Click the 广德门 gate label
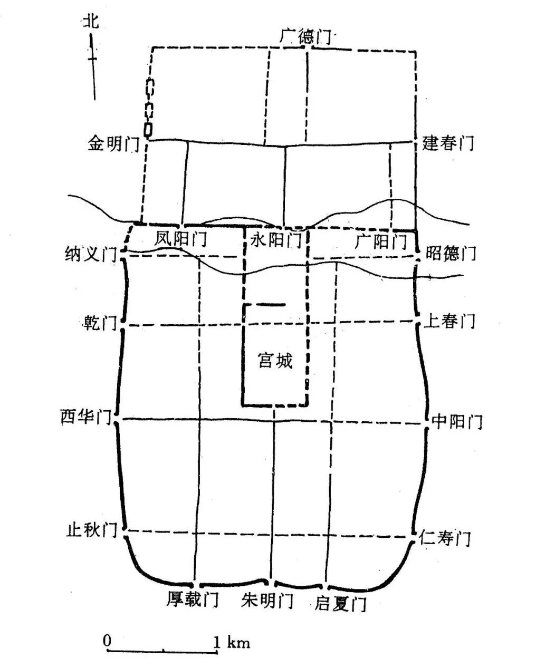coord(305,36)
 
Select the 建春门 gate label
coord(448,142)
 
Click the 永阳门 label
coord(275,241)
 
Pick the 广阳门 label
coord(381,241)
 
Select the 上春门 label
coord(450,321)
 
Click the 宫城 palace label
coord(275,361)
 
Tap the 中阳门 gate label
coord(457,421)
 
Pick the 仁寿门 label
coord(445,538)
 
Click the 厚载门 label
coord(193,599)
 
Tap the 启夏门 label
coord(340,603)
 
